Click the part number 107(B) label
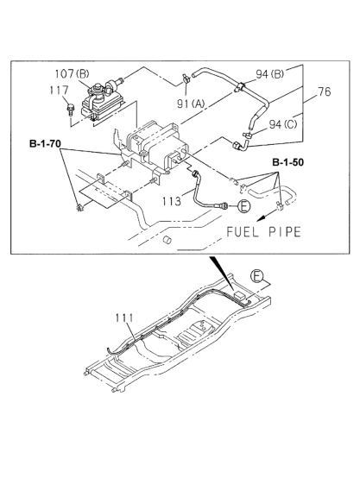click(x=72, y=74)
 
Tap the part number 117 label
click(x=60, y=91)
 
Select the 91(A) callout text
click(x=192, y=104)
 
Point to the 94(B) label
click(x=269, y=74)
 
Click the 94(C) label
click(x=283, y=124)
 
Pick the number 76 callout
click(x=324, y=91)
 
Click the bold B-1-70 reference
click(x=45, y=143)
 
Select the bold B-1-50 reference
click(x=288, y=162)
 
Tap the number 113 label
click(x=172, y=201)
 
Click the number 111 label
click(x=124, y=318)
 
